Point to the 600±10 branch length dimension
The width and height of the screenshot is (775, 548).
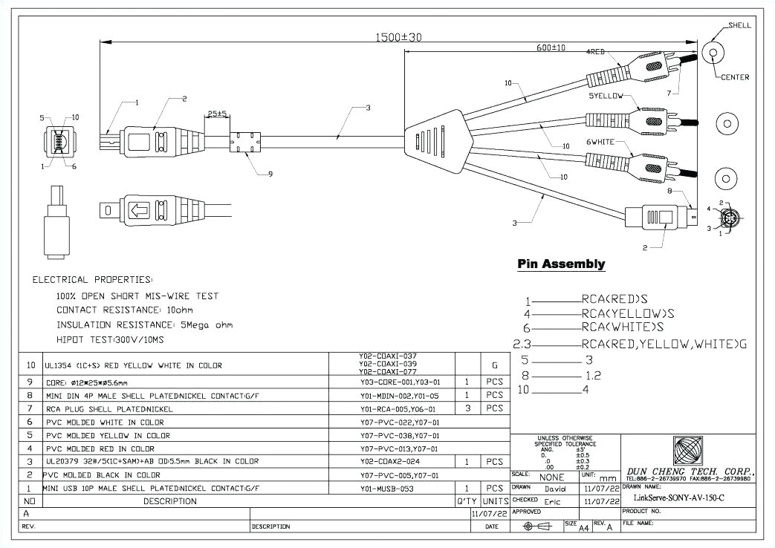point(551,48)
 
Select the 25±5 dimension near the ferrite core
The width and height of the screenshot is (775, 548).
point(217,114)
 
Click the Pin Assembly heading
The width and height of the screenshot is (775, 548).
point(561,264)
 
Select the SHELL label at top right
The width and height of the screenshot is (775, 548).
point(739,25)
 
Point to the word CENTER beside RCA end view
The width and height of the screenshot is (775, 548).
point(735,77)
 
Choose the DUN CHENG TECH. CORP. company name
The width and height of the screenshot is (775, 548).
point(690,472)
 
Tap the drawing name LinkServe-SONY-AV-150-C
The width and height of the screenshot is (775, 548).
point(678,498)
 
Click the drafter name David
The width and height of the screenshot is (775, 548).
point(554,489)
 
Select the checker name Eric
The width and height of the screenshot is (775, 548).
point(552,502)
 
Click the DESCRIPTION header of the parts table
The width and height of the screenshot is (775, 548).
point(171,501)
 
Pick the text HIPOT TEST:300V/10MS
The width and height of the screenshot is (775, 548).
point(110,339)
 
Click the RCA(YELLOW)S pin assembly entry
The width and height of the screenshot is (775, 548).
point(628,313)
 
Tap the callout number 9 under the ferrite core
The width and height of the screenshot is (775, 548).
point(270,174)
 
